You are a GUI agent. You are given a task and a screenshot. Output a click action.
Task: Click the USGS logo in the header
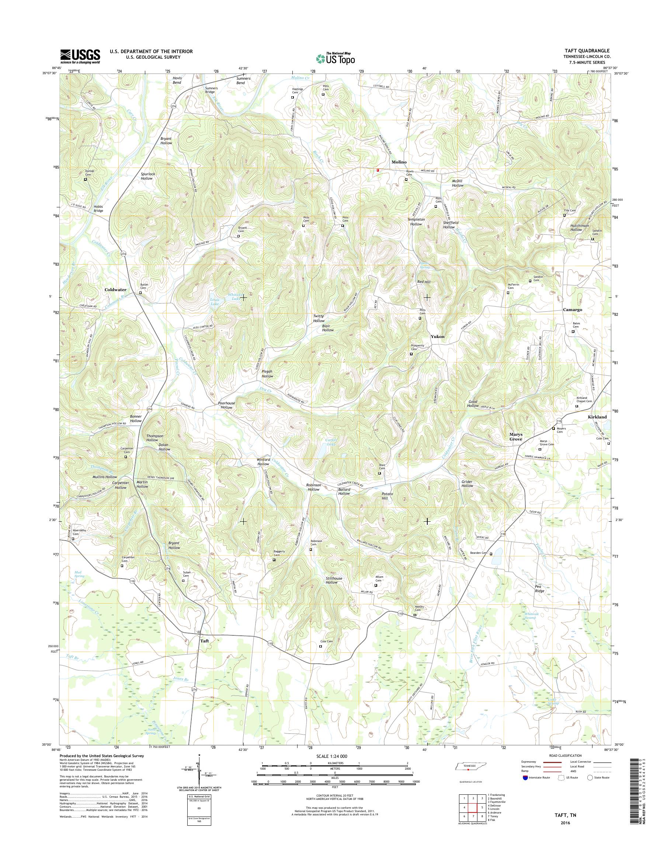click(x=80, y=56)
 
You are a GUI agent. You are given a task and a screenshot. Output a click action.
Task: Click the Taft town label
click(x=205, y=641)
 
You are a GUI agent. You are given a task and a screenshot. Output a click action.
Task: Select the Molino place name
click(x=398, y=162)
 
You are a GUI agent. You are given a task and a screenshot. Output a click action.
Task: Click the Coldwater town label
click(x=115, y=289)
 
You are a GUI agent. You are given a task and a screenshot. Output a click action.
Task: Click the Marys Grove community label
click(x=516, y=436)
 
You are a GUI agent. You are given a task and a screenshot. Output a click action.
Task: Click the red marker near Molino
click(x=378, y=171)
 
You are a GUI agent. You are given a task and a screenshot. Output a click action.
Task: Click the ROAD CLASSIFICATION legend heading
click(x=564, y=755)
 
